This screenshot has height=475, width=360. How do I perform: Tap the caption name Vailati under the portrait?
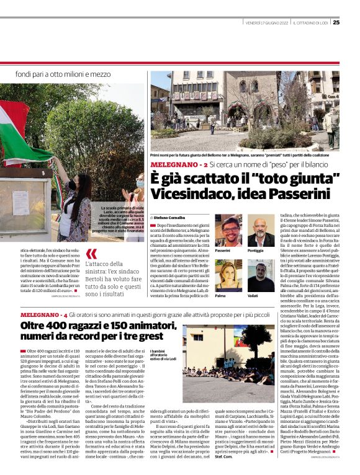(253, 295)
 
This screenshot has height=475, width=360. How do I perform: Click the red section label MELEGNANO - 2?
(174, 164)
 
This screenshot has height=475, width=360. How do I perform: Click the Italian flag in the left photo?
(22, 133)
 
